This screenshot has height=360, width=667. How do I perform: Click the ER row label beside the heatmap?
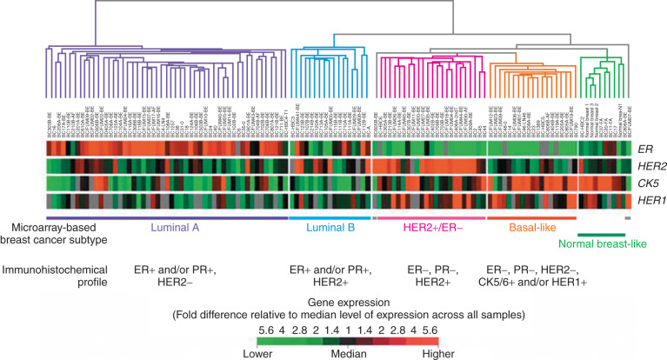pyautogui.click(x=646, y=149)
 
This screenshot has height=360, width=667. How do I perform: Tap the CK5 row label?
pyautogui.click(x=646, y=183)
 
